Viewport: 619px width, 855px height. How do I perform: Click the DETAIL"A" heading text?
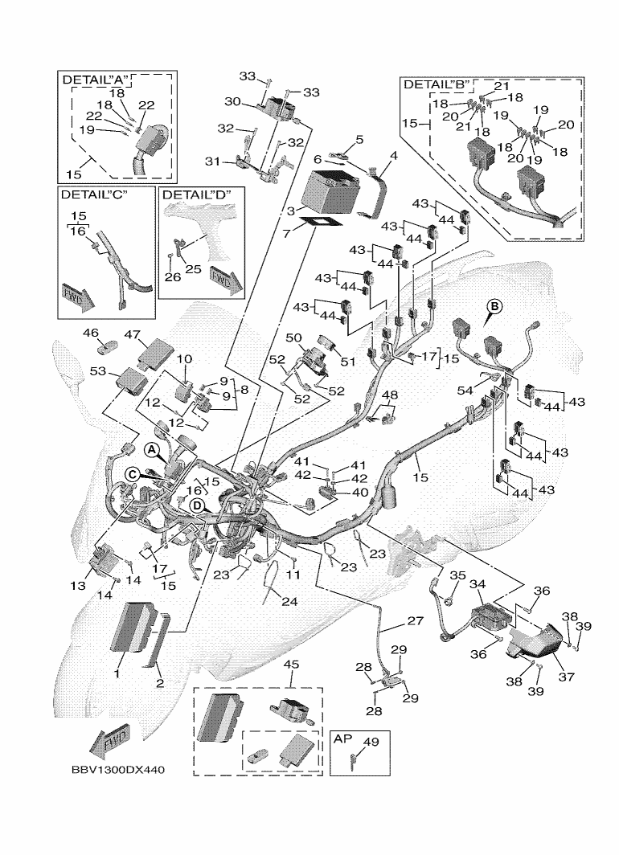(92, 80)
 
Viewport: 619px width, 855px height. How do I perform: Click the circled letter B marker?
(495, 305)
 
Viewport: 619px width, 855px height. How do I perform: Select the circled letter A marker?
(150, 447)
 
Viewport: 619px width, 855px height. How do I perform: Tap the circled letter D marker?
(196, 505)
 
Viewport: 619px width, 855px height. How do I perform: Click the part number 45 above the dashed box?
(291, 664)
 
